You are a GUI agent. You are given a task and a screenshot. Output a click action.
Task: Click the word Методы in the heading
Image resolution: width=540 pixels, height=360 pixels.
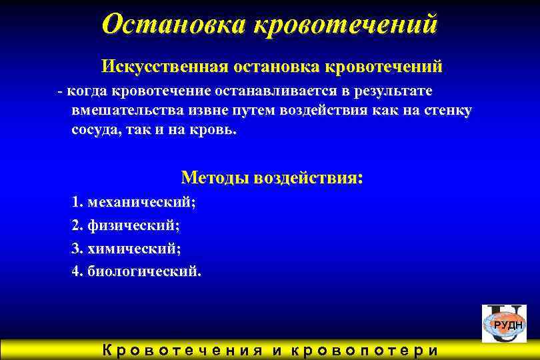216,178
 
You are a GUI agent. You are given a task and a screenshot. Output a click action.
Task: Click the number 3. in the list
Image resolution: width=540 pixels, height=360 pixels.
76,249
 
